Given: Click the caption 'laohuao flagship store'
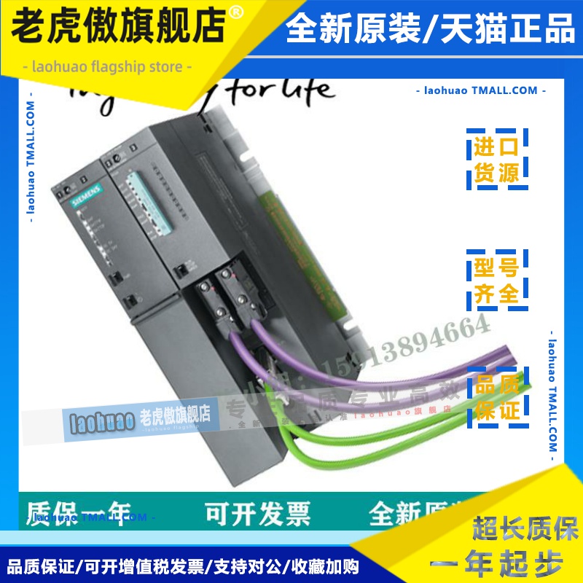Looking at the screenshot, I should coord(107,67).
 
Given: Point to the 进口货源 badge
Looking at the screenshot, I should coord(496,161).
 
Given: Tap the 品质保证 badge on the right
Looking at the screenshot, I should coord(498,398).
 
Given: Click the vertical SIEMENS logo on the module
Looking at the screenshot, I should coord(81,198).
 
